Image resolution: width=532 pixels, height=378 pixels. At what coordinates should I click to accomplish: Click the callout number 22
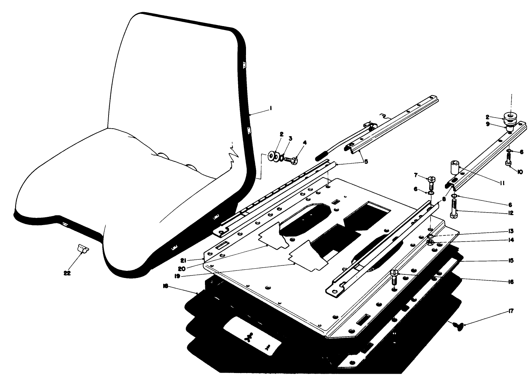(67, 273)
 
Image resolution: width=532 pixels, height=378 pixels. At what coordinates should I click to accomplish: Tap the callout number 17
(511, 311)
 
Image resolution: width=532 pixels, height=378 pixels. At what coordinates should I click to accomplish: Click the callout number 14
(511, 240)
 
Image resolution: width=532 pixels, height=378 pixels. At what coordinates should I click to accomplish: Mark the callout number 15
(511, 261)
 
